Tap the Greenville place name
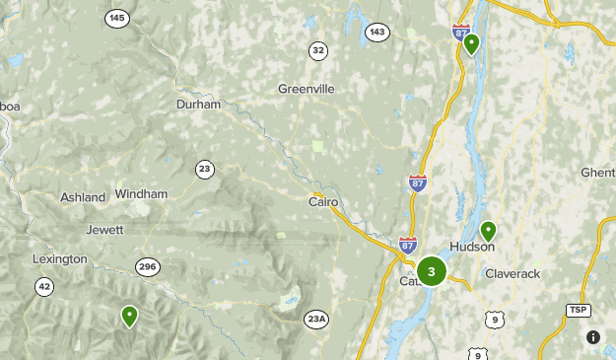(307, 89)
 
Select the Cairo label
(323, 202)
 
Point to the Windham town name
(141, 194)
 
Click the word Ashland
(83, 197)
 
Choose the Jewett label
(104, 230)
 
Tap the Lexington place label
(59, 259)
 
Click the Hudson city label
(471, 247)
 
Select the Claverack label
(513, 273)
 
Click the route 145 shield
(118, 19)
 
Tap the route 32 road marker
(317, 50)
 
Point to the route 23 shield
(204, 169)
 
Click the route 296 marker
(148, 267)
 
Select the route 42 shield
(44, 287)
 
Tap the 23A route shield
(316, 319)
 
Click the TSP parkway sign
(578, 310)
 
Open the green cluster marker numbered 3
(432, 271)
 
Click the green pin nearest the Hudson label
(487, 233)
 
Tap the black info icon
(593, 337)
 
